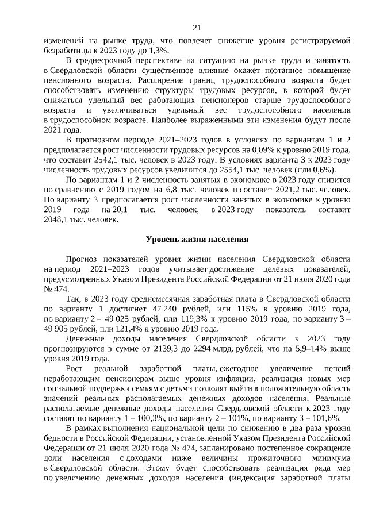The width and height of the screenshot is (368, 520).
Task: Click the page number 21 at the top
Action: pos(197,28)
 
